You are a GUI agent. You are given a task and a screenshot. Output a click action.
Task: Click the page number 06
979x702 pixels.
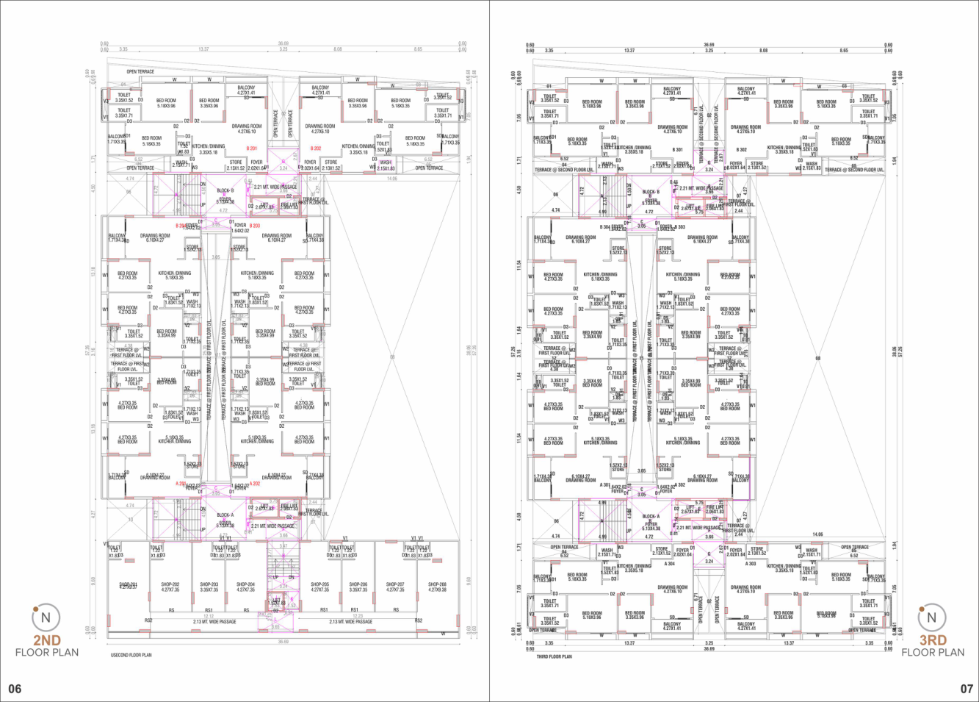pos(15,689)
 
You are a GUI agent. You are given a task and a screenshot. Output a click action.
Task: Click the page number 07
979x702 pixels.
pos(967,689)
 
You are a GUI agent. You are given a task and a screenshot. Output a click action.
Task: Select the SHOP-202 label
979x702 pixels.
pos(170,585)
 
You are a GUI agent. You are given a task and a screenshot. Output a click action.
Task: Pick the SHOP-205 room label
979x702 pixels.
pos(319,585)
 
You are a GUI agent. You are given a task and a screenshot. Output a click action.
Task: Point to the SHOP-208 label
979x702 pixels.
pos(437,585)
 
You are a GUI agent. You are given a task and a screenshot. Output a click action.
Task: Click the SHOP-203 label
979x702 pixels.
pos(209,585)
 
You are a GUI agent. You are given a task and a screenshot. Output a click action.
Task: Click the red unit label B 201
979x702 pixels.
pos(252,148)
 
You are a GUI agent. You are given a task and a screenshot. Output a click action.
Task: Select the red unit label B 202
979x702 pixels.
pos(317,148)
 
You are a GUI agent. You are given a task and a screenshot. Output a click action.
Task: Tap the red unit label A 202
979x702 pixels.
pos(255,484)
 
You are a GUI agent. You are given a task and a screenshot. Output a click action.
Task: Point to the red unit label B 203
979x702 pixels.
pos(255,226)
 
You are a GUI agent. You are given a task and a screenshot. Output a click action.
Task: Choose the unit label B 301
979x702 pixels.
pos(678,150)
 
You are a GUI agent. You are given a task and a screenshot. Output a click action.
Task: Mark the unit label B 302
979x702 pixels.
pos(741,150)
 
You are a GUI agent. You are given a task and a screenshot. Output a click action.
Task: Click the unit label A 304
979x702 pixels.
pos(669,564)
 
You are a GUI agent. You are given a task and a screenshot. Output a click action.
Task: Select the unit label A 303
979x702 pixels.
pos(751,564)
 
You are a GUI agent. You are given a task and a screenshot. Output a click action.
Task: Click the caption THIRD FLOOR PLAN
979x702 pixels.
pos(554,656)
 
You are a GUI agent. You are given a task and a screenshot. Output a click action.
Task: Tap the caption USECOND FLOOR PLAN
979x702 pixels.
pos(131,655)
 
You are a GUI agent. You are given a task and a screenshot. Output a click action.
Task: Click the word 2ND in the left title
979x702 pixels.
pos(46,640)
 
